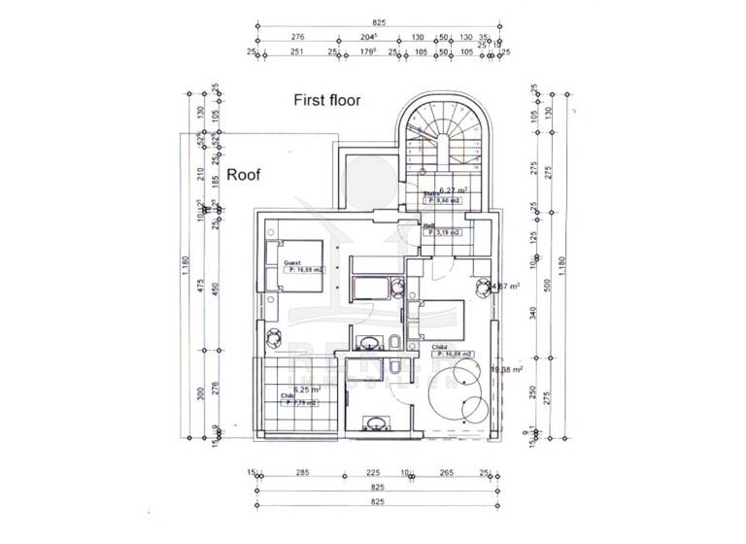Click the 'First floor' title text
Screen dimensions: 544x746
click(x=327, y=100)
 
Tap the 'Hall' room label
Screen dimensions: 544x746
click(x=428, y=224)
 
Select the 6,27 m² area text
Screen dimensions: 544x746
click(x=454, y=191)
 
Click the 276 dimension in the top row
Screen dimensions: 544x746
click(x=298, y=37)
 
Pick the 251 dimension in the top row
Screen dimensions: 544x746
click(x=296, y=51)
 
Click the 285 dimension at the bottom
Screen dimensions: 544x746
click(x=302, y=474)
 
